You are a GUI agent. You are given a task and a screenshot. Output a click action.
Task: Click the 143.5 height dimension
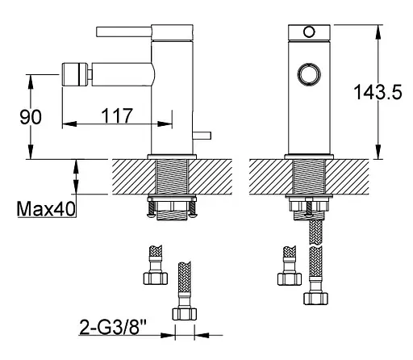point(378,92)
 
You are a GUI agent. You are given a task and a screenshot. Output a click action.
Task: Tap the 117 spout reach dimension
point(117,115)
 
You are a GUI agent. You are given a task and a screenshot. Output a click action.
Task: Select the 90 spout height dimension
point(31,117)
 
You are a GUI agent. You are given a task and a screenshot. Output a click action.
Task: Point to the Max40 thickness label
point(46,209)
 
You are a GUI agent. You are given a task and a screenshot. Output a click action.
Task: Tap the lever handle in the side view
point(123,31)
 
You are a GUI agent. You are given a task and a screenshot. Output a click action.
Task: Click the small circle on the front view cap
point(309,31)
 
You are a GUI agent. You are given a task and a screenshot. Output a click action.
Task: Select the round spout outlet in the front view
point(309,74)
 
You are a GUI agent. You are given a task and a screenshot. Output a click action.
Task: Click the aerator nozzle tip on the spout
point(75,74)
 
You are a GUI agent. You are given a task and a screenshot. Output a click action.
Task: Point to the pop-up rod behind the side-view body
point(202,136)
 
